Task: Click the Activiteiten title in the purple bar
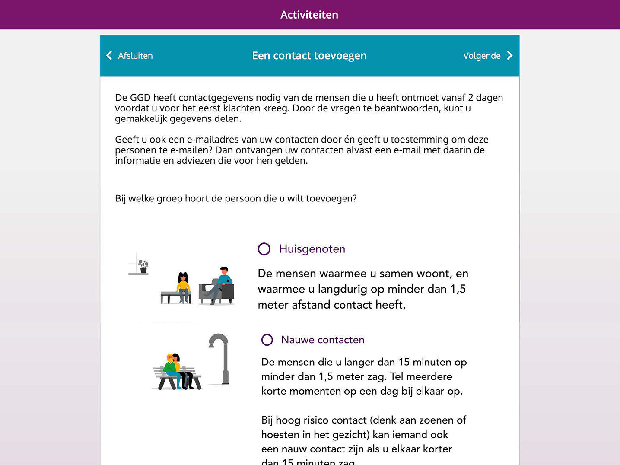pyautogui.click(x=309, y=15)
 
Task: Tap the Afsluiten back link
pyautogui.click(x=135, y=56)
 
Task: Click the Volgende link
pyautogui.click(x=481, y=56)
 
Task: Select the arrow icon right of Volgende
pyautogui.click(x=510, y=55)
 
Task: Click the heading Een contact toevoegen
pyautogui.click(x=309, y=56)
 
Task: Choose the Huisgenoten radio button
pyautogui.click(x=264, y=249)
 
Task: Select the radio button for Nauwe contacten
pyautogui.click(x=267, y=340)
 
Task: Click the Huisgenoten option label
pyautogui.click(x=312, y=249)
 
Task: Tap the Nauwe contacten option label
pyautogui.click(x=322, y=340)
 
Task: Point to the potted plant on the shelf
pyautogui.click(x=143, y=266)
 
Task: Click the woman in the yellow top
pyautogui.click(x=183, y=287)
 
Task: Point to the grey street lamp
pyautogui.click(x=221, y=357)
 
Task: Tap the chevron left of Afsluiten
pyautogui.click(x=109, y=55)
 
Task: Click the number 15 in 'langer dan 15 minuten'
pyautogui.click(x=404, y=362)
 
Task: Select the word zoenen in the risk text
pyautogui.click(x=436, y=420)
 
